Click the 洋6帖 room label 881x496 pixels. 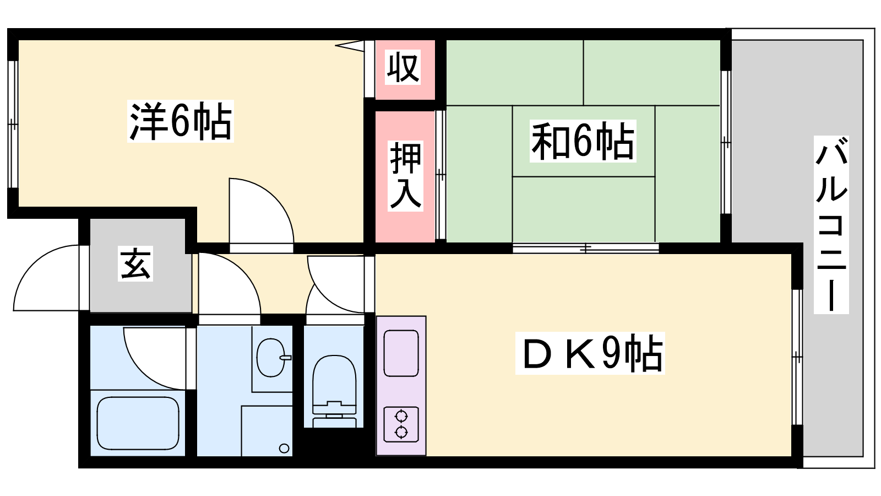[181, 121]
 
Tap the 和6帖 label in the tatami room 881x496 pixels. [583, 141]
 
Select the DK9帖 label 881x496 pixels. [590, 353]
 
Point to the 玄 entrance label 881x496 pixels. [135, 264]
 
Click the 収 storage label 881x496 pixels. [403, 67]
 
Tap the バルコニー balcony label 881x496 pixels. [831, 225]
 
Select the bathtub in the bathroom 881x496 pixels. [138, 423]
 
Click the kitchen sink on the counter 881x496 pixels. [401, 353]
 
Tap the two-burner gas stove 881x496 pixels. [401, 424]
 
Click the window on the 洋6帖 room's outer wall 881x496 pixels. [13, 125]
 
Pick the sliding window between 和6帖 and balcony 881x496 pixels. [726, 142]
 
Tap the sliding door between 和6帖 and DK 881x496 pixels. [586, 248]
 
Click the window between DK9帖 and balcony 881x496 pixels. [797, 357]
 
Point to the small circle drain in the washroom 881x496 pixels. [284, 448]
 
